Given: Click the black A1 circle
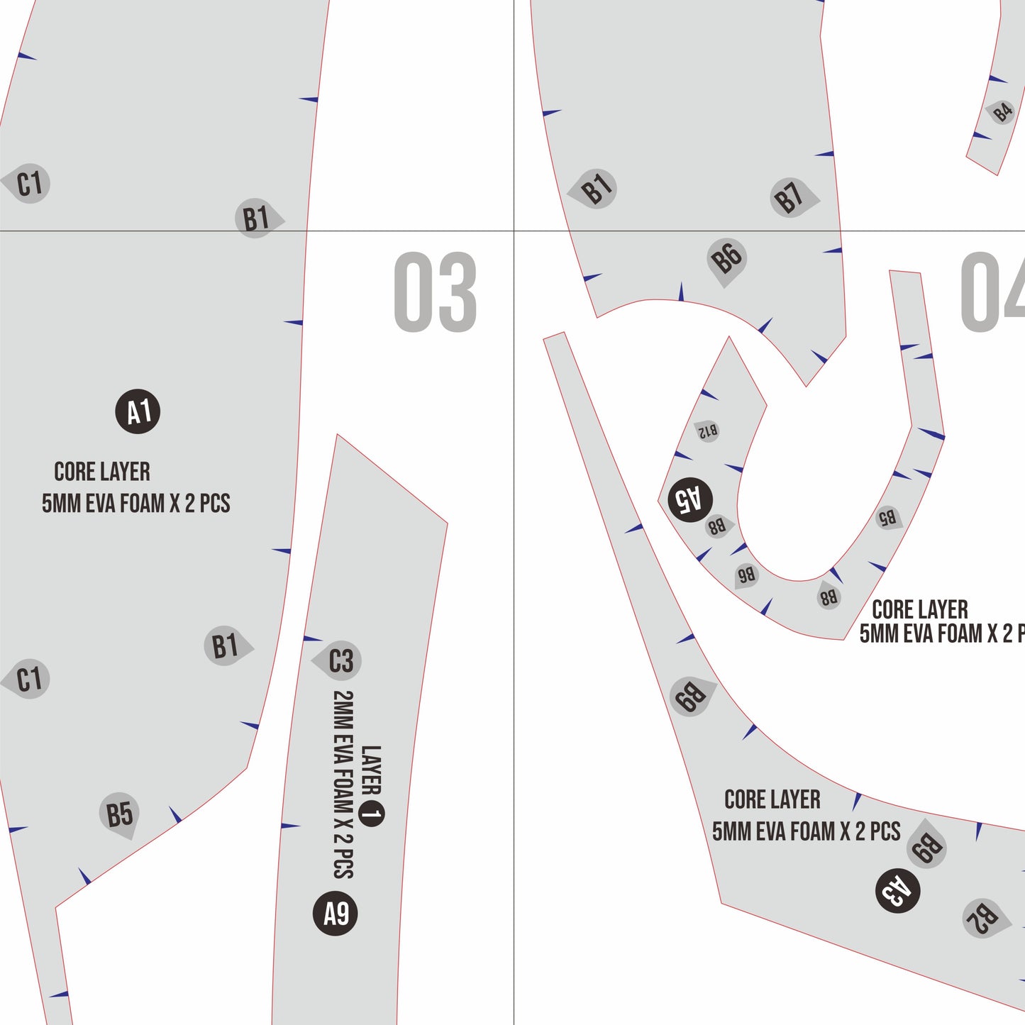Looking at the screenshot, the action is pos(138,411).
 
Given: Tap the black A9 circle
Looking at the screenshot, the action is pos(335,914).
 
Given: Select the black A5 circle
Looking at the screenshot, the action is pos(690,499).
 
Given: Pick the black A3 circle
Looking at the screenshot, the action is pos(897,891).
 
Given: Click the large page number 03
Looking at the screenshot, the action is pos(435,292).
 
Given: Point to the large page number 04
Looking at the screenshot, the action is pos(992,292).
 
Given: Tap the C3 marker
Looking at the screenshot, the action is pos(337,660).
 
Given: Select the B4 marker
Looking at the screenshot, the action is pos(1001,113).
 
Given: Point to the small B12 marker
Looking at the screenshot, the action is pos(708,431).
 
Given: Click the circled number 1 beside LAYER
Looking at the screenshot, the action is pos(371,814).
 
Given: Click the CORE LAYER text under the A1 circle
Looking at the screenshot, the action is pos(102,472).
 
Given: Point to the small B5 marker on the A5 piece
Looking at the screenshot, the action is pos(888,518).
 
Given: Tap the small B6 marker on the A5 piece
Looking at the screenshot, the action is pos(746,575).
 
